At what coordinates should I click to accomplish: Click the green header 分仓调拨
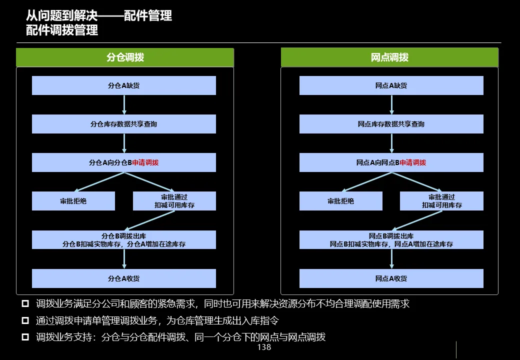[125, 57]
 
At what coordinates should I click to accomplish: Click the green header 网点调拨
[389, 57]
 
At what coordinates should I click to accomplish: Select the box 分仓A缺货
[124, 85]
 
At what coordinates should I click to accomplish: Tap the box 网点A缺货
[391, 85]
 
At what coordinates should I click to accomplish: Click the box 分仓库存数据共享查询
[124, 124]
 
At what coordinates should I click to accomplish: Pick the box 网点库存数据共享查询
[391, 124]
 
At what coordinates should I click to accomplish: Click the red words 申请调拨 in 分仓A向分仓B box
[145, 162]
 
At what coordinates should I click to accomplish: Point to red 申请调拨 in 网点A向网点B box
[413, 162]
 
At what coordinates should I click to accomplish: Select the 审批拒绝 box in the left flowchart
[73, 201]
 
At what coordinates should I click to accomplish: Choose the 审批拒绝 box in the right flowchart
[341, 201]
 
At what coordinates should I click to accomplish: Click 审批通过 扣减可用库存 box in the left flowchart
[174, 201]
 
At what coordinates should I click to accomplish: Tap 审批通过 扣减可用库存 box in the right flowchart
[441, 201]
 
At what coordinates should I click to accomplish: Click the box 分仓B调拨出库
[124, 240]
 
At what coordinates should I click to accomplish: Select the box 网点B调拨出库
[391, 240]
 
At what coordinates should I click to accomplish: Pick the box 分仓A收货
[124, 278]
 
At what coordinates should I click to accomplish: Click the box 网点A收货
[391, 278]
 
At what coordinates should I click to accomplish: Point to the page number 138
[263, 347]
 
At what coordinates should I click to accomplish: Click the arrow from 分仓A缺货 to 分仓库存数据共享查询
[124, 104]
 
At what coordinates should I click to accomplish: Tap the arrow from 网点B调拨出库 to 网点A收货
[391, 259]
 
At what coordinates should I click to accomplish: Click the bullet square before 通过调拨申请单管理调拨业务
[25, 320]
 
